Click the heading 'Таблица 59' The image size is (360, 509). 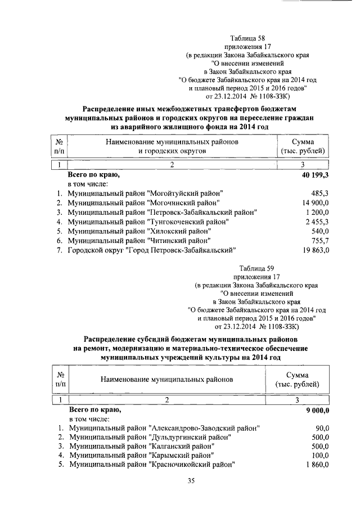[256, 267]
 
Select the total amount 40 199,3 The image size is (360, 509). [313, 175]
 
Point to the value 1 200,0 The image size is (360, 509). [316, 212]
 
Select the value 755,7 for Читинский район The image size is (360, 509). [319, 241]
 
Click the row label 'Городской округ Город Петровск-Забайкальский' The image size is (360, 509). [151, 250]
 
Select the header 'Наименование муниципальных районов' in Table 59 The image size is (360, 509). [166, 380]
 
